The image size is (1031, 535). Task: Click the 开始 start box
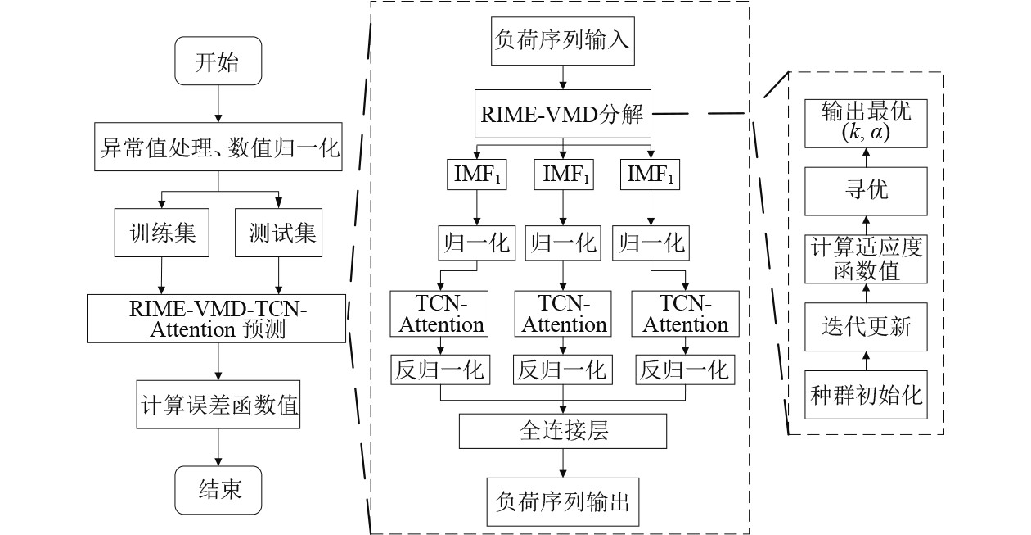218,62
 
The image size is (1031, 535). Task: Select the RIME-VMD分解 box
562,115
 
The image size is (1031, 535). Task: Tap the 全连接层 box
562,431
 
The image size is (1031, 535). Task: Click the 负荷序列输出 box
562,500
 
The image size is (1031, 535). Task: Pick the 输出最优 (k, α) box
867,123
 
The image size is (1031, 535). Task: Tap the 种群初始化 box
867,396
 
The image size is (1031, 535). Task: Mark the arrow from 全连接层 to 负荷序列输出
562,463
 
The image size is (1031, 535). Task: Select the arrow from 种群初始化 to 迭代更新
867,360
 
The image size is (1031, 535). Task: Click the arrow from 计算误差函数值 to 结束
218,447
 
